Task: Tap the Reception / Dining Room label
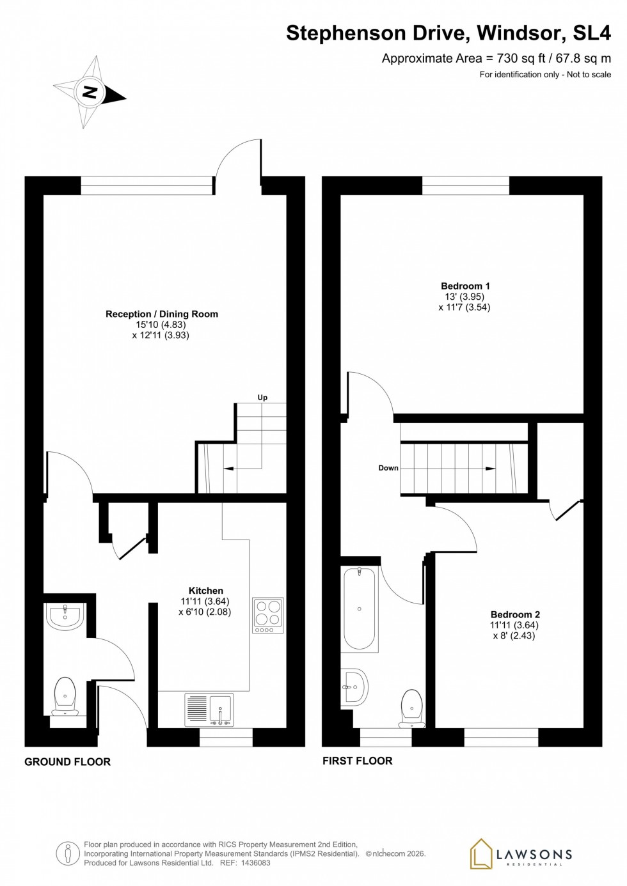point(161,314)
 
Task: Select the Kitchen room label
point(205,591)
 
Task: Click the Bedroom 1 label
point(464,286)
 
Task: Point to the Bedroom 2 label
point(514,614)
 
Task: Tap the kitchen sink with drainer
point(209,710)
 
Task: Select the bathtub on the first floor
point(359,609)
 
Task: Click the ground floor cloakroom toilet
point(65,697)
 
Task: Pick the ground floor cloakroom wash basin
point(65,616)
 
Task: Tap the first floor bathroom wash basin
point(354,687)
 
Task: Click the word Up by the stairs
point(262,398)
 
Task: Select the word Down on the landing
point(388,468)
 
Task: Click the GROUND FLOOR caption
point(67,761)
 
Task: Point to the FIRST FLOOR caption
point(357,761)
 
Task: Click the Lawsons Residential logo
point(521,855)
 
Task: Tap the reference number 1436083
point(254,862)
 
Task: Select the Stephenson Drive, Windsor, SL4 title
point(448,33)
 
